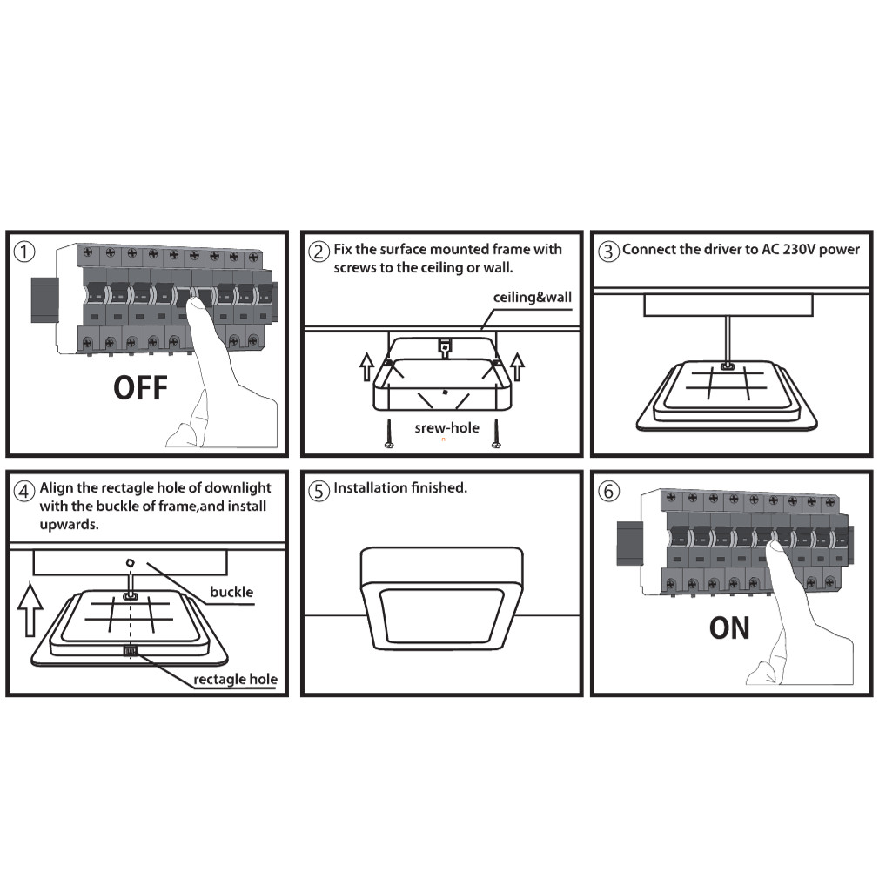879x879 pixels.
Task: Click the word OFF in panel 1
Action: [141, 387]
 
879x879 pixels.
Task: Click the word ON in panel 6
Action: [729, 627]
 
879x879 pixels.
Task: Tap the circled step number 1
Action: [24, 252]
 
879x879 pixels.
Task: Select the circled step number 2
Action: [319, 252]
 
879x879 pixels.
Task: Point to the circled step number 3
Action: [608, 252]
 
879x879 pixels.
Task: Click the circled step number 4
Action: [24, 491]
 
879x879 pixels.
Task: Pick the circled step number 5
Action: [319, 491]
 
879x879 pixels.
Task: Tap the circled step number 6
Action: [608, 491]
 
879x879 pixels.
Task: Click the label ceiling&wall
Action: [533, 297]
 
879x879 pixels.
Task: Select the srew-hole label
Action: [446, 427]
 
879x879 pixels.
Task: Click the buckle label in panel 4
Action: [231, 592]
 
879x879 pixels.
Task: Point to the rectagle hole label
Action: [236, 680]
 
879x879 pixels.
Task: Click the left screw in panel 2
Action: [388, 434]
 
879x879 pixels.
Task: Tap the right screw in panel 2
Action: [495, 434]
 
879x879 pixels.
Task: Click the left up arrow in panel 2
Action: [366, 367]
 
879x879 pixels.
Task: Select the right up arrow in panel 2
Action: [518, 367]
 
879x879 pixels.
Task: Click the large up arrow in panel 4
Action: [30, 609]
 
